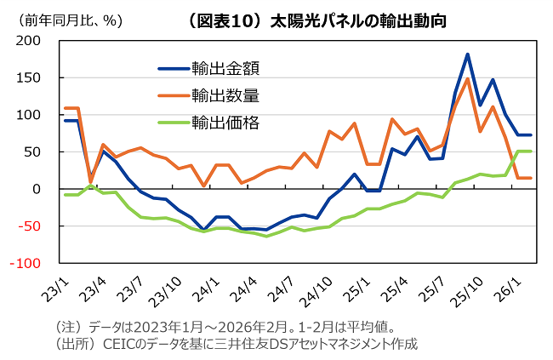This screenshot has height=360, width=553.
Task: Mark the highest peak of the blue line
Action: [468, 54]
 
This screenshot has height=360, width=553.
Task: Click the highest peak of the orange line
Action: [468, 79]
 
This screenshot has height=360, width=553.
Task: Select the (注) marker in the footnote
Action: [67, 327]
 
